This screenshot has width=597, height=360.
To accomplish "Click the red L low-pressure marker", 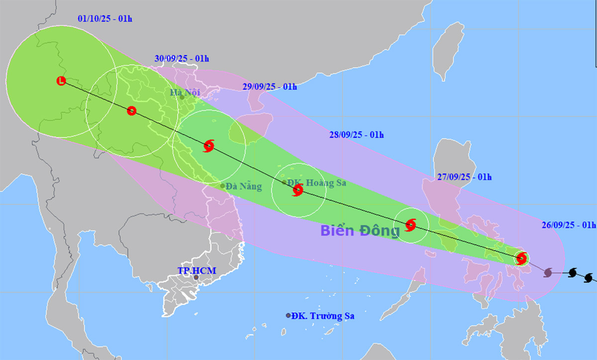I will [x=61, y=81].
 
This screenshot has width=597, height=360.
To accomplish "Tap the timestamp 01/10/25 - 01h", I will [x=105, y=19].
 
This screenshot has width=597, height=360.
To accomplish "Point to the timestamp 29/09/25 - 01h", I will [x=270, y=87].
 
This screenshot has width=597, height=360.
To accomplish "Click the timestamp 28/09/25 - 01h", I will [x=357, y=135].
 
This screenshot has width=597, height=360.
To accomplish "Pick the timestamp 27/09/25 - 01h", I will [x=465, y=177].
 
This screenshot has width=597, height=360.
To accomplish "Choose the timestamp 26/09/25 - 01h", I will [x=569, y=224].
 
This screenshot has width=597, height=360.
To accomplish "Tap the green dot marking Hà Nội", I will [x=182, y=97].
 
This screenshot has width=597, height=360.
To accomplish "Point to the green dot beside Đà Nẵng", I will [x=222, y=186].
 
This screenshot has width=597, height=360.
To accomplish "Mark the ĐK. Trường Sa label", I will [x=323, y=316].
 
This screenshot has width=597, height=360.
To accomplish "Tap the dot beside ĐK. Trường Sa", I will [x=288, y=316].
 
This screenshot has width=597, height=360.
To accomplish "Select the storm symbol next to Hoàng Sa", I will [x=298, y=189].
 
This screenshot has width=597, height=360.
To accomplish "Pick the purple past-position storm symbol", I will [x=548, y=272].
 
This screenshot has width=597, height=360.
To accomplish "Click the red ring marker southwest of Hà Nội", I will [x=131, y=111].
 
